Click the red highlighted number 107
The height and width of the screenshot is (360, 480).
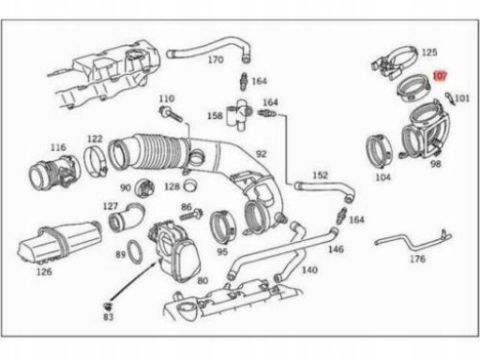(440, 76)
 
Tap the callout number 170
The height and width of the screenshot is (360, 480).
(216, 59)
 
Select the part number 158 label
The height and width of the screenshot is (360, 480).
(215, 116)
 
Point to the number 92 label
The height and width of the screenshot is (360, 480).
(262, 154)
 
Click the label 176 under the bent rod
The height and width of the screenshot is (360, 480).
(418, 259)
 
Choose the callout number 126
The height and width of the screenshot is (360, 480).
(44, 272)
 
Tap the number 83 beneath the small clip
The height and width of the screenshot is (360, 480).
(108, 317)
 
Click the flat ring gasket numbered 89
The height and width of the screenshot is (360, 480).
(135, 252)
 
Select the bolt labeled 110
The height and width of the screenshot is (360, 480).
(171, 115)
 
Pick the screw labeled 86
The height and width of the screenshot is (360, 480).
(191, 215)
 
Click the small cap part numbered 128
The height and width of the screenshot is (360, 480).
(190, 185)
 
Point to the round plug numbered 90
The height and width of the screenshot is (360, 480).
(144, 187)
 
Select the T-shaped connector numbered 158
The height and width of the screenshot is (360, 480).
(239, 115)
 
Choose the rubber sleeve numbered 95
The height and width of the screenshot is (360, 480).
(222, 228)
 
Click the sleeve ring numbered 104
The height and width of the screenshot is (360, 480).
(378, 151)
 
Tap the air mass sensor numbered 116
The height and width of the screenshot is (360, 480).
(53, 173)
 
